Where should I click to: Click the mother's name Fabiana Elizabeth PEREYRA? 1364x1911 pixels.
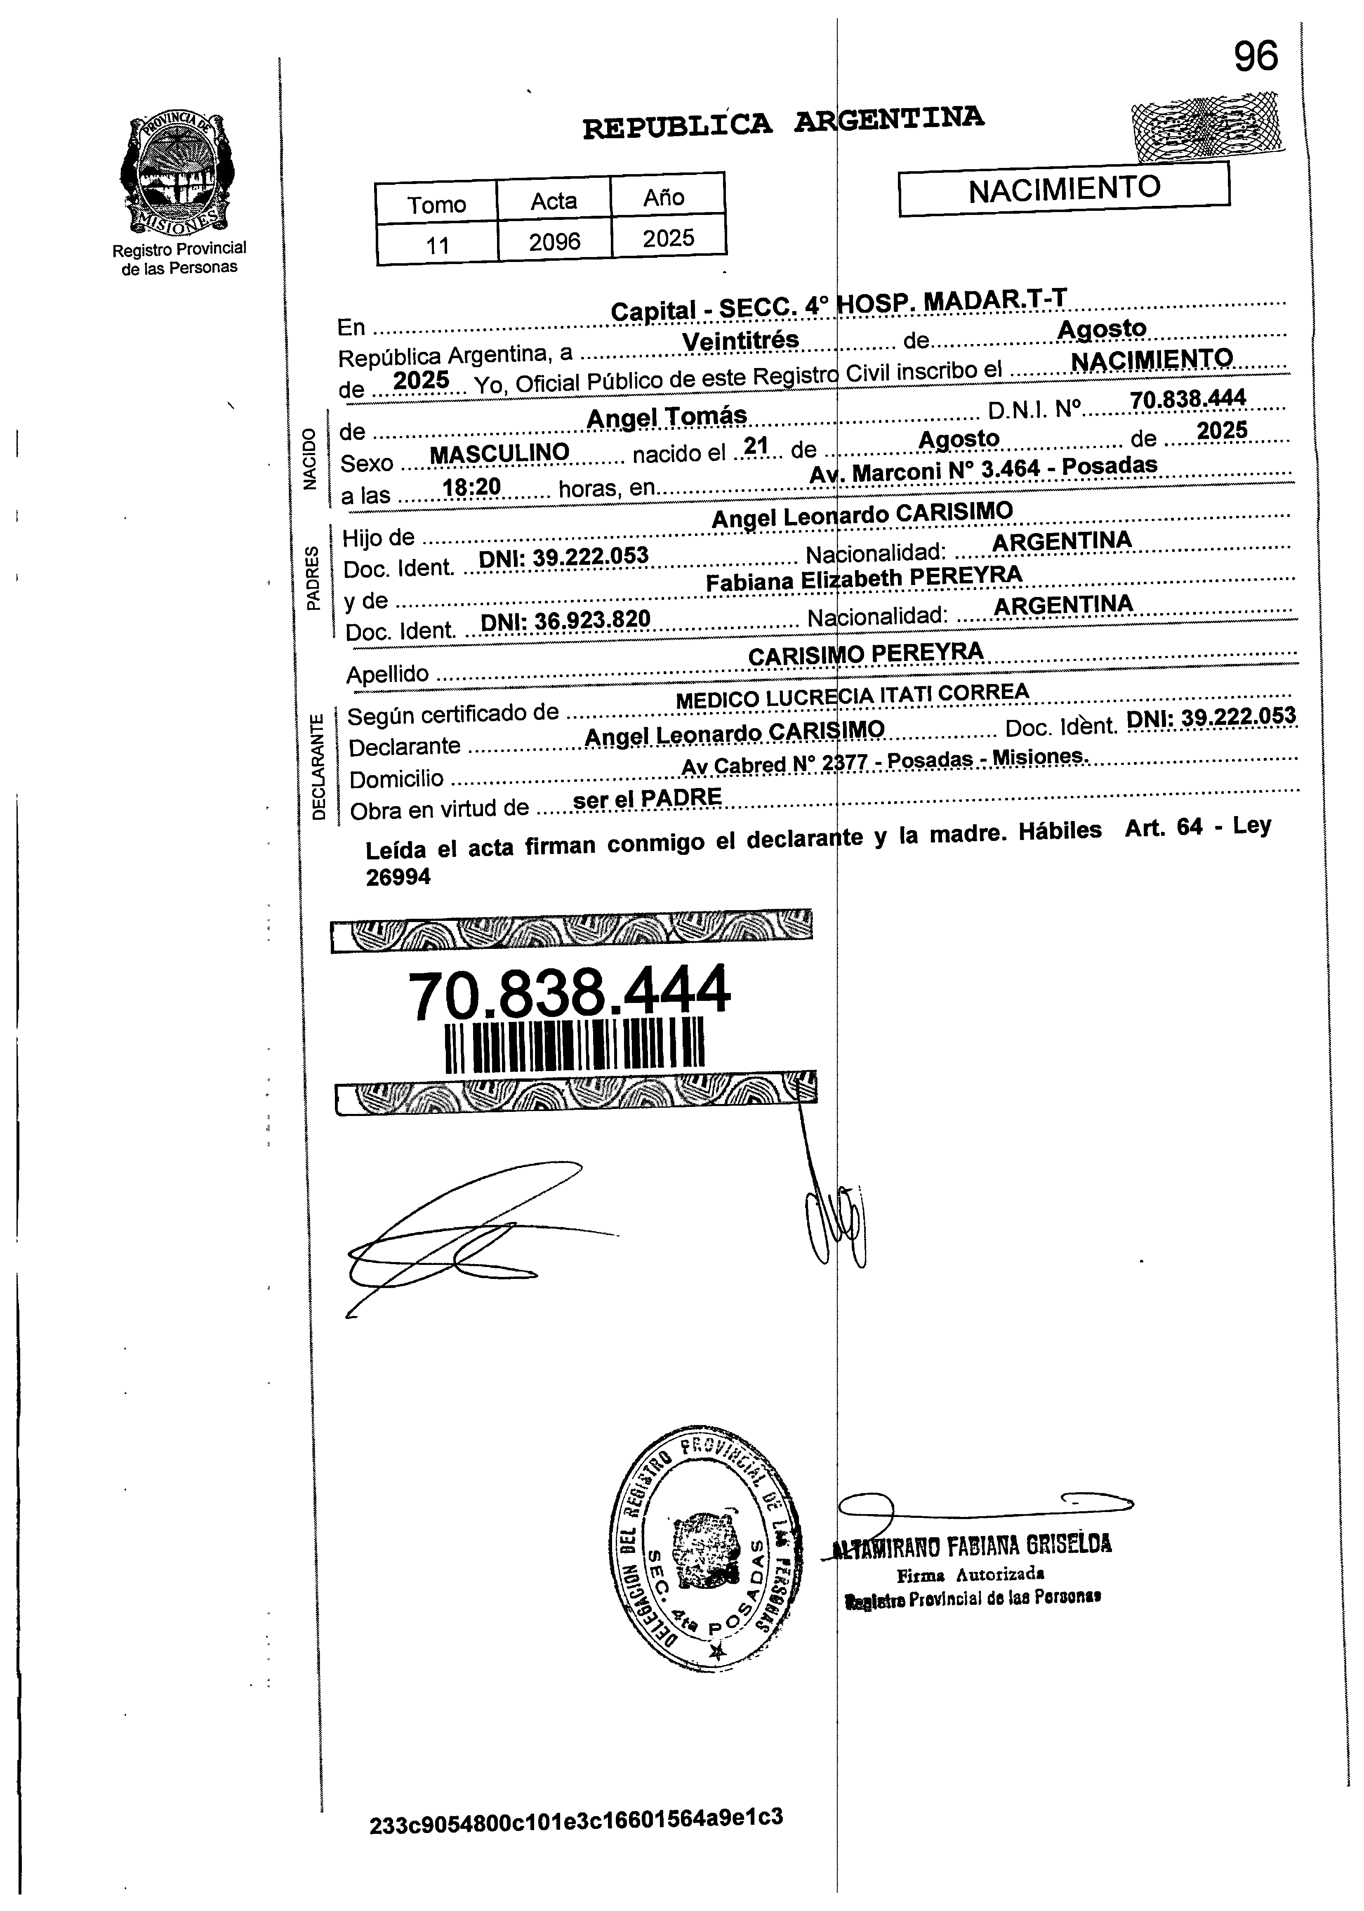pyautogui.click(x=863, y=579)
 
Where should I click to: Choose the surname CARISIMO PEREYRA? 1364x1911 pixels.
pyautogui.click(x=865, y=654)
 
